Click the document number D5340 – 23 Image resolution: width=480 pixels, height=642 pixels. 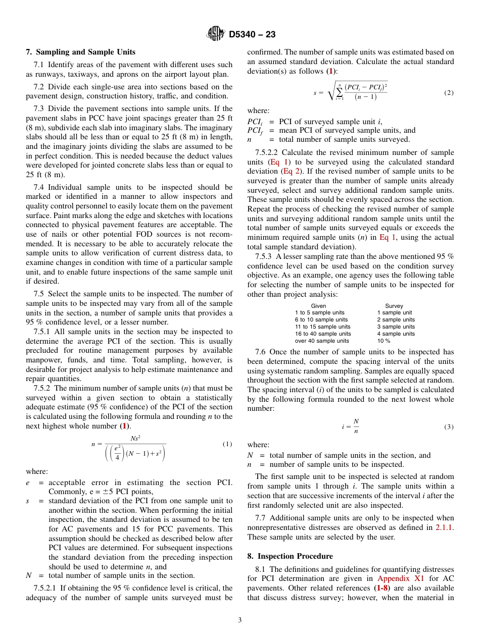(252, 35)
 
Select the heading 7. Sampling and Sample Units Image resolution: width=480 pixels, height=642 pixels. (80, 52)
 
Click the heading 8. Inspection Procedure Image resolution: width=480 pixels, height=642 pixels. (290, 556)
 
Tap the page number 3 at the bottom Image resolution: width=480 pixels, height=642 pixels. (240, 620)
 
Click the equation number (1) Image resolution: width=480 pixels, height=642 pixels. (227, 444)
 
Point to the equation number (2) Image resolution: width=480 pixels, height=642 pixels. (449, 93)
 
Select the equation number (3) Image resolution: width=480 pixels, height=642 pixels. (449, 426)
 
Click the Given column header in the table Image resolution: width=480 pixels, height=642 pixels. (318, 306)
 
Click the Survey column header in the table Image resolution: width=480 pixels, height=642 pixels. (394, 306)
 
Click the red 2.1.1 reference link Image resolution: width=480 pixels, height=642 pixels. (444, 527)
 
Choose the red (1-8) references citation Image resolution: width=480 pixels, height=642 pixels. (381, 588)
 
